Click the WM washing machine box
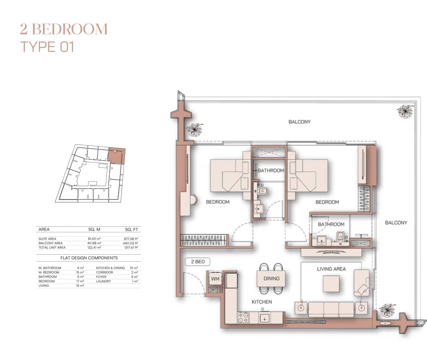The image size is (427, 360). click(x=215, y=279)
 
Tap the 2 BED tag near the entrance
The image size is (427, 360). click(x=198, y=261)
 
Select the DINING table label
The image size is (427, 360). click(x=271, y=279)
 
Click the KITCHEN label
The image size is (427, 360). click(x=262, y=302)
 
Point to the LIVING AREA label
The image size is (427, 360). click(x=331, y=269)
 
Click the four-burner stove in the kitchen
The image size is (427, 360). click(x=243, y=318)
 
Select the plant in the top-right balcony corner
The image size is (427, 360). click(x=405, y=111)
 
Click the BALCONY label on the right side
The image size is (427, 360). click(x=396, y=223)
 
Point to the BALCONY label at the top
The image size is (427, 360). click(x=299, y=122)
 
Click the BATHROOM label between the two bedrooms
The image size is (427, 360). click(x=271, y=170)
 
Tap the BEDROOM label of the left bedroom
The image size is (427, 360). click(x=218, y=202)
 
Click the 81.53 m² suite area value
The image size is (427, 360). click(x=94, y=239)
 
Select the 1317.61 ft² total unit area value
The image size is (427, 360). click(x=131, y=248)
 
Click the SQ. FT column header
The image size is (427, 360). click(x=131, y=229)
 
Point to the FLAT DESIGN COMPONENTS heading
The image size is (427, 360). click(x=89, y=258)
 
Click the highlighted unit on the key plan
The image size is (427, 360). click(x=116, y=155)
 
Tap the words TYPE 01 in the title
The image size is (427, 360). click(x=47, y=47)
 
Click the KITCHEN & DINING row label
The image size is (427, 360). click(x=110, y=268)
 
